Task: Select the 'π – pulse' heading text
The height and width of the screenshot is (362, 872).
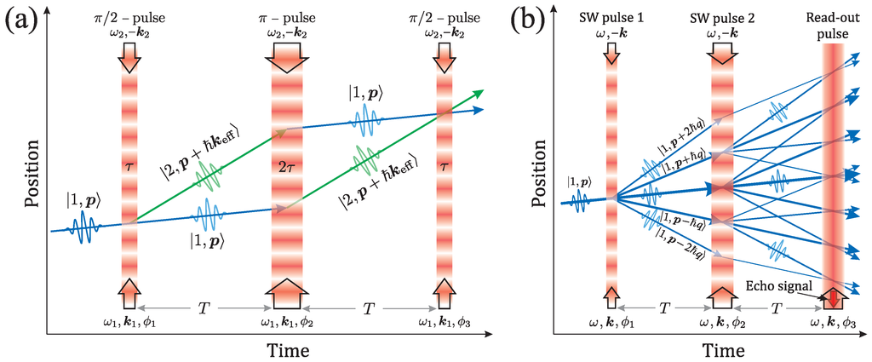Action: click(284, 19)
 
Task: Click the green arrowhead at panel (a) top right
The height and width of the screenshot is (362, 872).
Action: click(479, 91)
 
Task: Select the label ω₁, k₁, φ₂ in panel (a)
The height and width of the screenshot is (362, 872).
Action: click(284, 323)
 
